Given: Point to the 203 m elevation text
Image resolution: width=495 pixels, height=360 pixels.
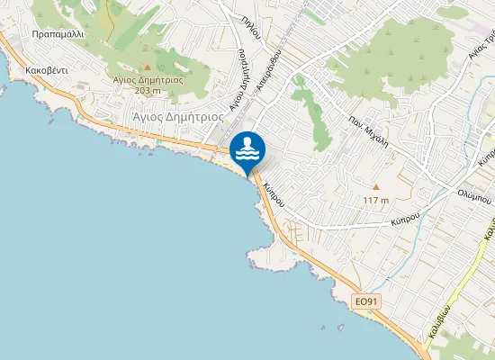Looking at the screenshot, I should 148,90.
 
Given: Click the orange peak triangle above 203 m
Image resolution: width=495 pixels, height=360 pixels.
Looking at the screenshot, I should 148,67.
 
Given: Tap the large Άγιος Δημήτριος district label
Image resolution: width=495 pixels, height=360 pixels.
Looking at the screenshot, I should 177,116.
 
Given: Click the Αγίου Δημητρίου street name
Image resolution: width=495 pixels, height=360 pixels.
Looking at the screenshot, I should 238,85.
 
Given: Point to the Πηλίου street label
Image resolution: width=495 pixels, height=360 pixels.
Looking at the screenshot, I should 251,27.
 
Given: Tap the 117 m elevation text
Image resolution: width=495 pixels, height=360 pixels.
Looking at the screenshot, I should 376,200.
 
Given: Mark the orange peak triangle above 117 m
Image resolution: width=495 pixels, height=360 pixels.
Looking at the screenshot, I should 376,187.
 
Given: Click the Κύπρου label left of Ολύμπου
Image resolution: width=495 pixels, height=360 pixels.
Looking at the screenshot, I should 407,220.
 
